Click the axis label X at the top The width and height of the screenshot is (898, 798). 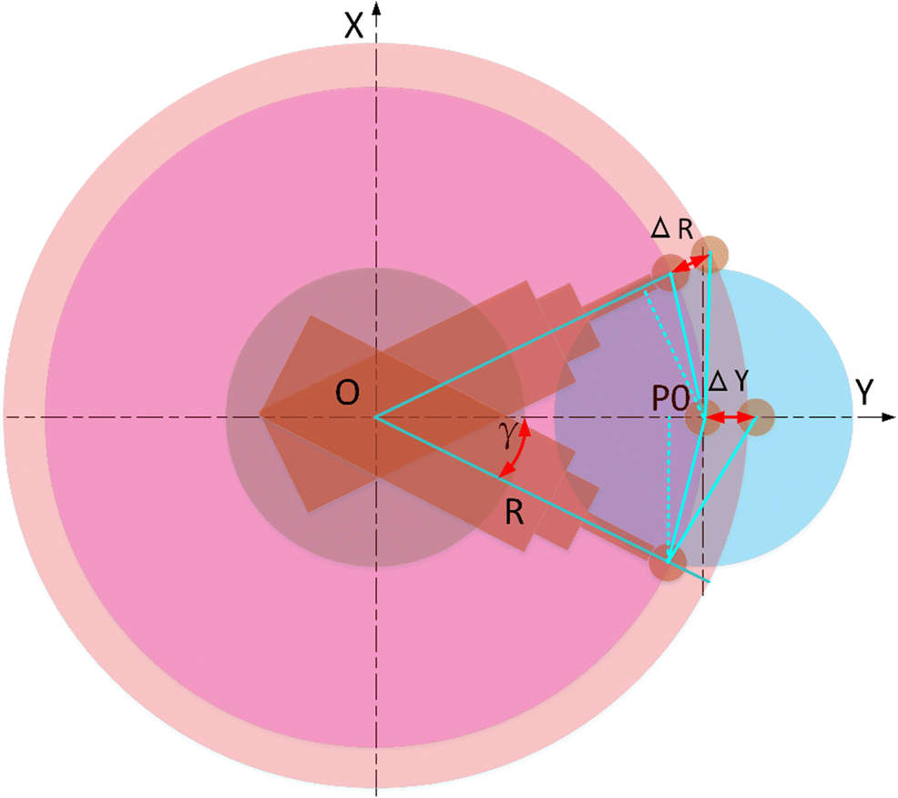355,26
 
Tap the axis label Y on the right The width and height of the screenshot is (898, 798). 865,393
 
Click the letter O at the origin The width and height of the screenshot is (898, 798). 347,393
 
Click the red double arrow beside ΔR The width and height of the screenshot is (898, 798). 691,264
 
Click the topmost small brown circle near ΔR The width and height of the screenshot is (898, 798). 709,253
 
